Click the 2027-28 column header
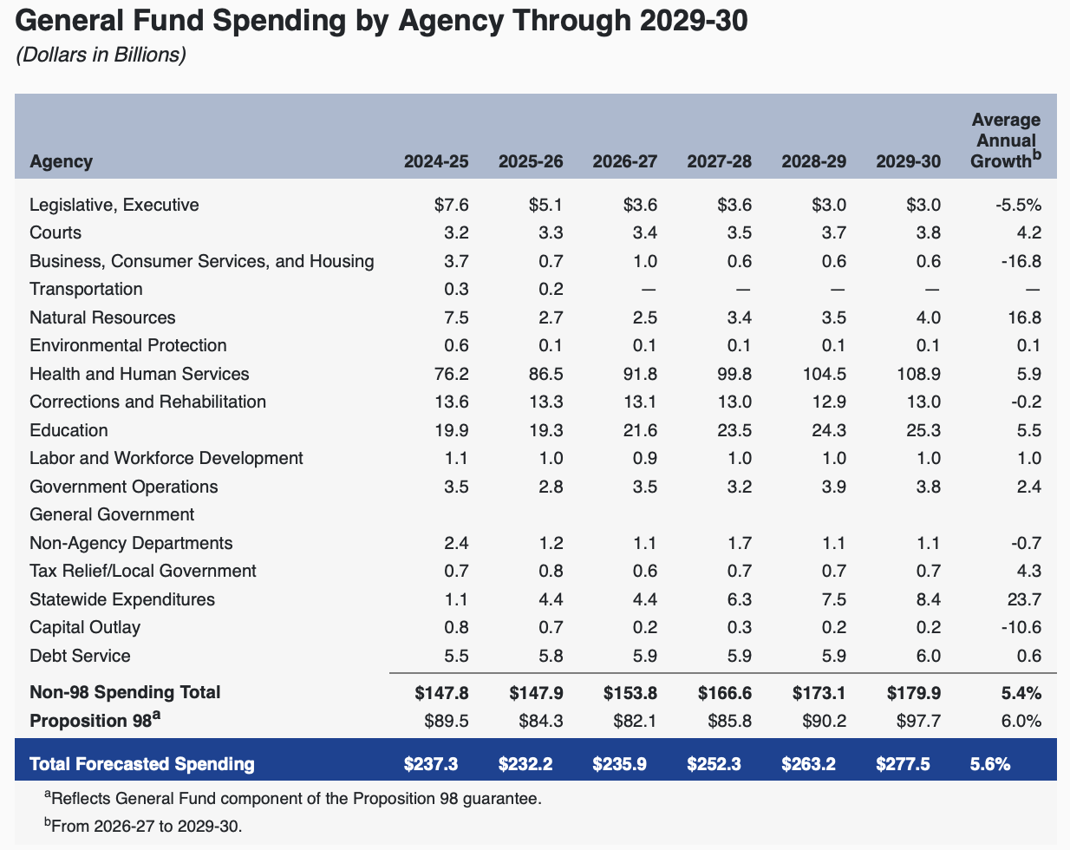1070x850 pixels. [719, 161]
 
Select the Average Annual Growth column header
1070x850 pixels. [1005, 141]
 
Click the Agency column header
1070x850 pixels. [61, 161]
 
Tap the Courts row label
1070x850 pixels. [55, 232]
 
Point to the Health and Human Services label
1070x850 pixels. [139, 374]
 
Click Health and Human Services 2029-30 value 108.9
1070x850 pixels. [916, 374]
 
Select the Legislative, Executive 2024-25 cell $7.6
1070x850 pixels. [451, 205]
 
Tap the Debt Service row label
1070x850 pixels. [80, 656]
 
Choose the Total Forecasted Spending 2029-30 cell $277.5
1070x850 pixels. [908, 764]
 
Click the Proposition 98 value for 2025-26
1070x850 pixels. [540, 721]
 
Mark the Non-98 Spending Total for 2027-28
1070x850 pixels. [724, 692]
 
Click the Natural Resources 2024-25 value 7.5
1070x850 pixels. [456, 317]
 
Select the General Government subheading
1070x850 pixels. [112, 514]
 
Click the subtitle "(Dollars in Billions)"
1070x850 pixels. [101, 55]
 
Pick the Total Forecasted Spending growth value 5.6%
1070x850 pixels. [990, 764]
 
